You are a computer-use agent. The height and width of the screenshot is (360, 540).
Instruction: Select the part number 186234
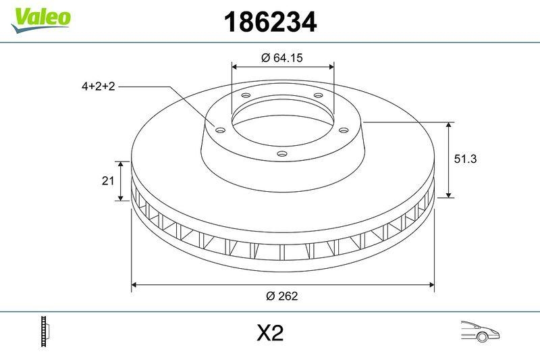point(269,23)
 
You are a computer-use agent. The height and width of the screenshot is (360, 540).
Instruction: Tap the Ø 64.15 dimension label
point(281,58)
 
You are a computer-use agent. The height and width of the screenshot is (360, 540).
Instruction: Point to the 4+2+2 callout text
point(99,86)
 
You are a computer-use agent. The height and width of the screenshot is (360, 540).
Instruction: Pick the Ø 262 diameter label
point(282,296)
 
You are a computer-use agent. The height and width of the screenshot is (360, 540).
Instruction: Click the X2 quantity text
point(269,333)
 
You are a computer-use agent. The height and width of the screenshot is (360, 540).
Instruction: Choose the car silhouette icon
point(479,332)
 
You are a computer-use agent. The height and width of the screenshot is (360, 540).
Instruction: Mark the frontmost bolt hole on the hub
point(282,155)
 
